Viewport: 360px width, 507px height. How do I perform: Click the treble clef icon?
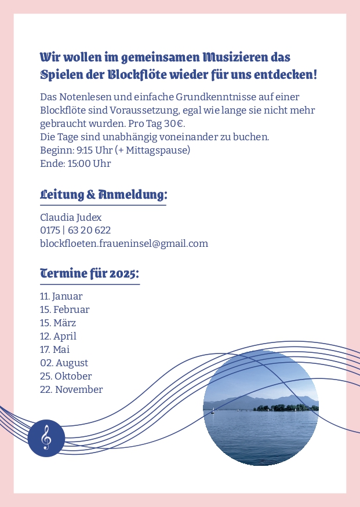pos(46,438)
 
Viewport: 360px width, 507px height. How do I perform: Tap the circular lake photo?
pos(261,407)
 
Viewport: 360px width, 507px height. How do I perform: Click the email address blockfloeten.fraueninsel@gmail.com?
pos(123,243)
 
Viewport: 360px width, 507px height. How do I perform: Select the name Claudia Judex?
pos(71,217)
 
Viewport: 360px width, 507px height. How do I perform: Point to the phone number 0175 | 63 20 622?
pos(75,231)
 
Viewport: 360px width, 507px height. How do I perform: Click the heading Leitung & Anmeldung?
pos(103,194)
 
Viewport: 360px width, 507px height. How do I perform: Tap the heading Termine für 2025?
pos(89,273)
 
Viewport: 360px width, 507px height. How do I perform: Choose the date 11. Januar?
pos(61,297)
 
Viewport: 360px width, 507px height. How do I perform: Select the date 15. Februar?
pos(64,309)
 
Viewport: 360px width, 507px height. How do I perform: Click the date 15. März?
pos(58,323)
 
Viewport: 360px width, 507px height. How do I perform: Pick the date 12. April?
pos(58,336)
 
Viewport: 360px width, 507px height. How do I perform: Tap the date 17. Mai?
pos(54,349)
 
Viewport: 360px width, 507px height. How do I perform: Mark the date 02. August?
pos(64,363)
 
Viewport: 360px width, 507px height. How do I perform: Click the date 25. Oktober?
pos(66,376)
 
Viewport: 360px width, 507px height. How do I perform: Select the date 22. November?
pos(71,389)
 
